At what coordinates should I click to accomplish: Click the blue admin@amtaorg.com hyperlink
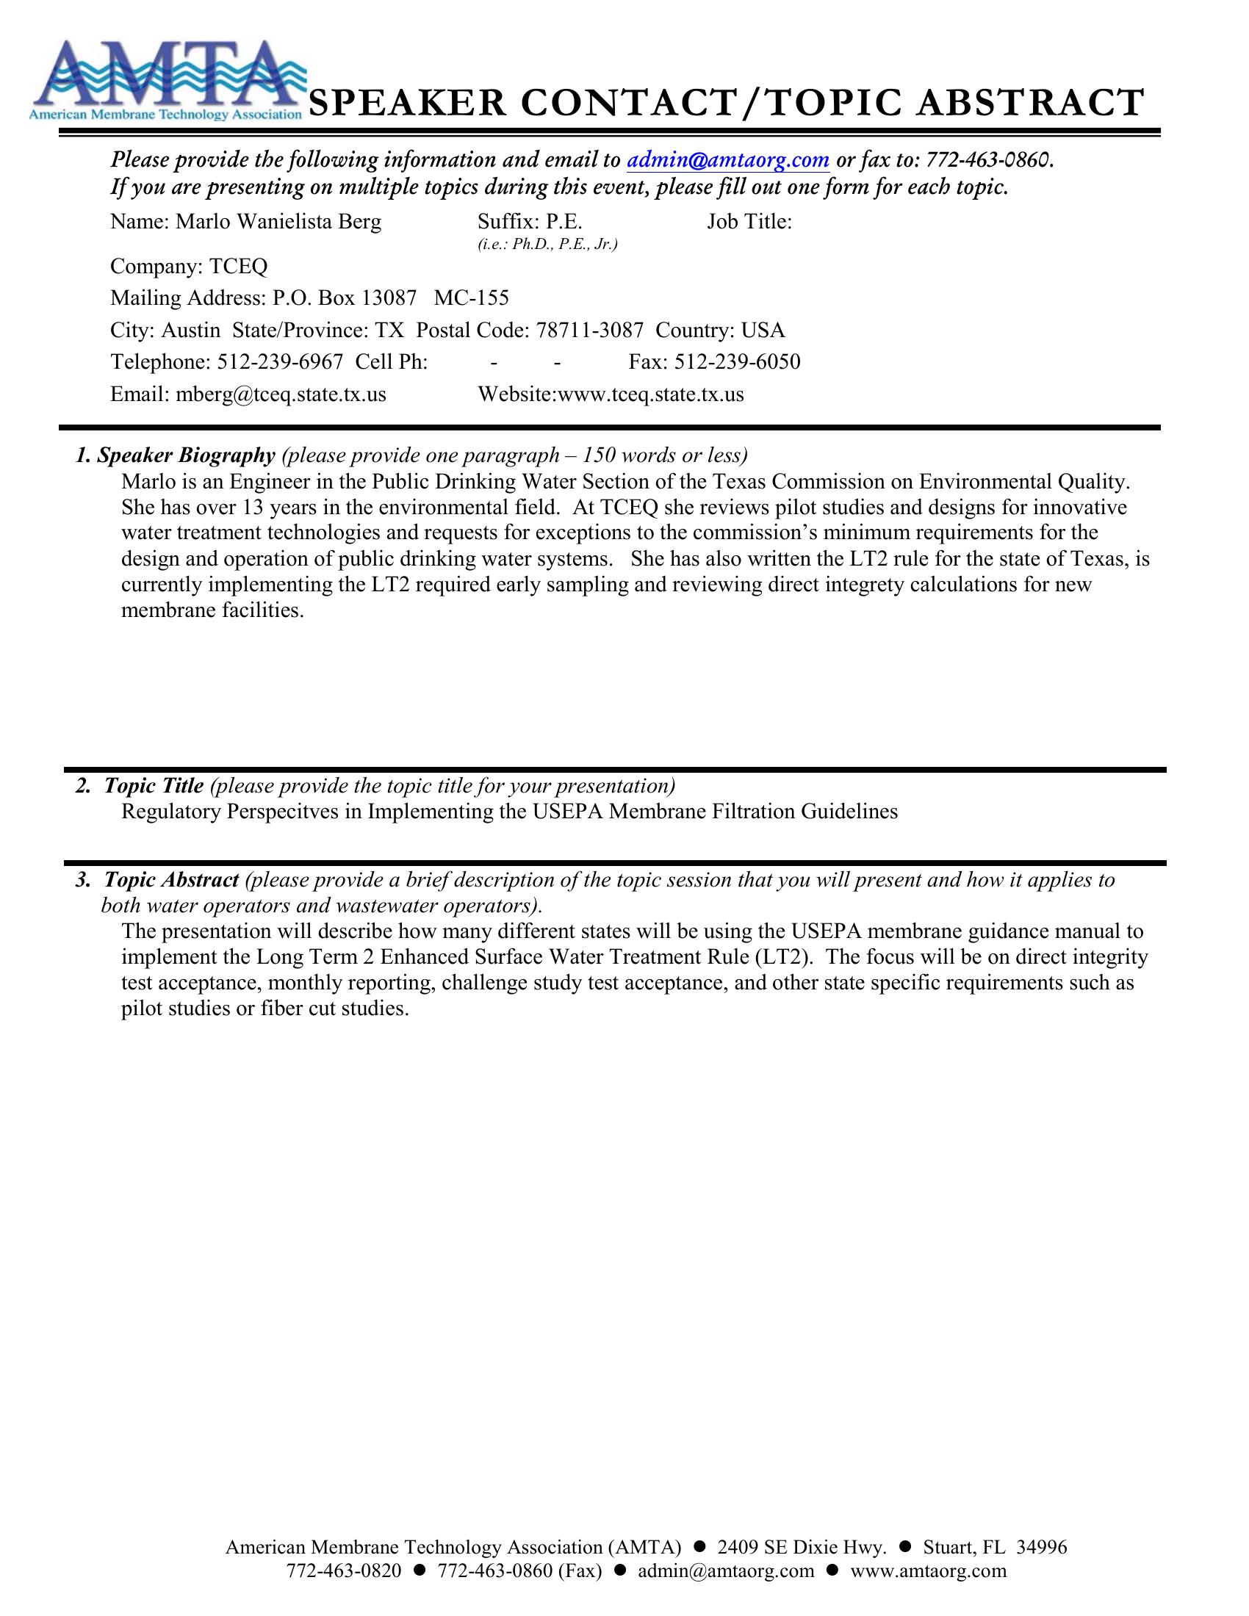tap(728, 160)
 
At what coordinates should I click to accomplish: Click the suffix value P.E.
tap(564, 222)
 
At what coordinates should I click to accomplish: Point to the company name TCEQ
tap(238, 267)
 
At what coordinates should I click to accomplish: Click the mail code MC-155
tap(472, 298)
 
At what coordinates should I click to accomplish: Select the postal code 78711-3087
tap(589, 330)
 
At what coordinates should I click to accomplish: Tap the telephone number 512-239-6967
tap(280, 362)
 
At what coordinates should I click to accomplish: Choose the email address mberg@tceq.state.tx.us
tap(281, 394)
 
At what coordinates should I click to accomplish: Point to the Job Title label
tap(749, 222)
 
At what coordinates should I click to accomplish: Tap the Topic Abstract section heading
tap(171, 880)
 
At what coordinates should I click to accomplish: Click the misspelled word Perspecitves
tap(284, 812)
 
